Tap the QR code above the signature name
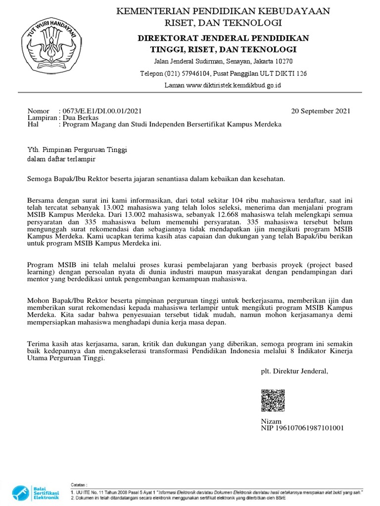click(273, 401)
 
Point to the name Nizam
click(271, 421)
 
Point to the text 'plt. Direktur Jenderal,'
click(294, 371)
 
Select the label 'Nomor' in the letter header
click(39, 111)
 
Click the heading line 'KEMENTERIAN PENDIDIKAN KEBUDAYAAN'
click(223, 11)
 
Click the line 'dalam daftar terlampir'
click(61, 159)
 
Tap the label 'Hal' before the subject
click(33, 125)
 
